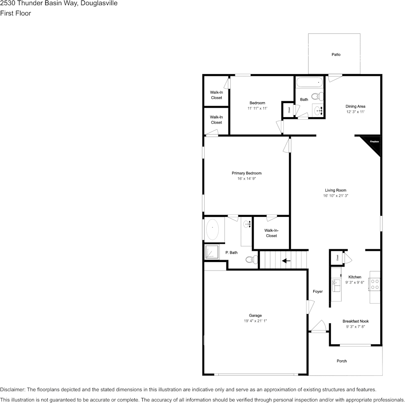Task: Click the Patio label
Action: tap(336, 55)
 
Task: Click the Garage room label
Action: tap(255, 315)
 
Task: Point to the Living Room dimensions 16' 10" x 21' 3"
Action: tap(335, 196)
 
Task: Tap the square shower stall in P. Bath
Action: tap(212, 252)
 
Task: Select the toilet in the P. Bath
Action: tap(252, 259)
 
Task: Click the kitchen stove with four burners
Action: tap(375, 284)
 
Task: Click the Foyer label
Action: tap(318, 291)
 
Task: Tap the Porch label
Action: tap(341, 361)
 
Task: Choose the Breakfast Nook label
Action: tap(356, 321)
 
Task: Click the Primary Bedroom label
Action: tap(246, 173)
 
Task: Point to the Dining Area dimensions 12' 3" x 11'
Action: tap(355, 112)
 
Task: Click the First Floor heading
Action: tap(15, 13)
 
